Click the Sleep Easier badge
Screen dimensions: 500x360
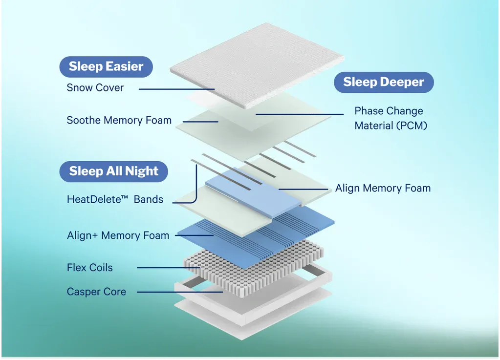click(x=106, y=66)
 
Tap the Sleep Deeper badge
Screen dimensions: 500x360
click(x=384, y=82)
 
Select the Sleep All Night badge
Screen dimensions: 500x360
click(x=113, y=171)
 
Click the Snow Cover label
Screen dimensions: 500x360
click(x=95, y=87)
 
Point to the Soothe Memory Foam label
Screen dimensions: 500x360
click(x=119, y=120)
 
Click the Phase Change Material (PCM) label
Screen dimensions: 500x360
click(x=391, y=118)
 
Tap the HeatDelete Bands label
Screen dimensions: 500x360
click(x=115, y=199)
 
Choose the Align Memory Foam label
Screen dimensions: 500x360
click(x=383, y=188)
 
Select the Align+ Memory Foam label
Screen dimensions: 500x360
click(x=118, y=235)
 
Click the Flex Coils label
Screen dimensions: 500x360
click(x=89, y=268)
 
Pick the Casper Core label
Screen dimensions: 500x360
click(x=96, y=292)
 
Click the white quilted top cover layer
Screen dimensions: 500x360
click(x=257, y=65)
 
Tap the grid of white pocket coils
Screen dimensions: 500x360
click(x=254, y=268)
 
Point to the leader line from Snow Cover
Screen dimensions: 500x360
click(x=176, y=89)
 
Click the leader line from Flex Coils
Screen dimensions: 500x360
click(x=169, y=268)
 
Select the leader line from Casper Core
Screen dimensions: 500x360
click(x=180, y=292)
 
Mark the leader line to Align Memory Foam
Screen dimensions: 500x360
click(x=303, y=189)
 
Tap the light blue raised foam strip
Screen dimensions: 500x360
click(x=254, y=192)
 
